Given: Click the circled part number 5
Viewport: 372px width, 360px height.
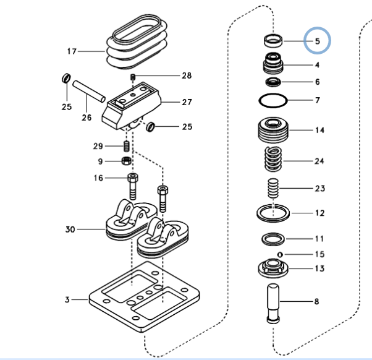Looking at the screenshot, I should [318, 42].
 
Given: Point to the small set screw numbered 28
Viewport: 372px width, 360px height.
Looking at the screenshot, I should [133, 77].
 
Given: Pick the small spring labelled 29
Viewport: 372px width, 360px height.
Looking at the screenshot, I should [126, 147].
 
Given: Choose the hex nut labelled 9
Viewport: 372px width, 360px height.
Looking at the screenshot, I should [126, 161].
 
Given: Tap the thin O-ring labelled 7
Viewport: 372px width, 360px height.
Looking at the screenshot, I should [272, 100].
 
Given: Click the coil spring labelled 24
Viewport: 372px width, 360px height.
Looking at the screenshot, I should [272, 160].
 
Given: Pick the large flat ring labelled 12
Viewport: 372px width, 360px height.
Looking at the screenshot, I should [273, 213].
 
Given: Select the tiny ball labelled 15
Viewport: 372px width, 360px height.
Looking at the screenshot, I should [280, 254].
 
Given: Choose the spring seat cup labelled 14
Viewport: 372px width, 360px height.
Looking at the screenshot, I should [272, 131].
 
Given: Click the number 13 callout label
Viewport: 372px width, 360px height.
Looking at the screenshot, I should [319, 268].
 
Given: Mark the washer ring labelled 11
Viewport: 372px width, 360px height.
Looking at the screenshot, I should [272, 238].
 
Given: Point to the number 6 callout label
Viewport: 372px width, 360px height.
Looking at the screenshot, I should [317, 82].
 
